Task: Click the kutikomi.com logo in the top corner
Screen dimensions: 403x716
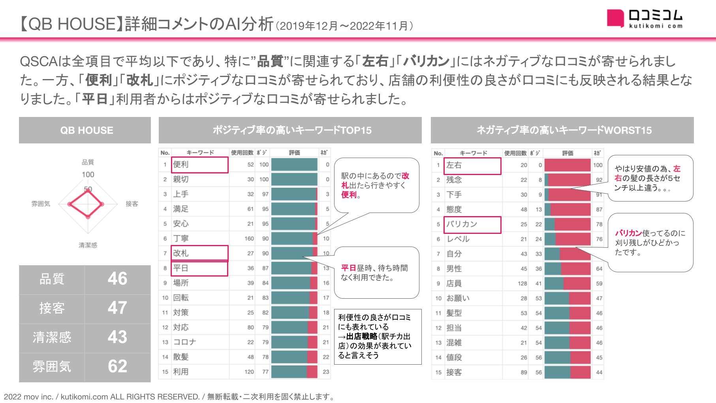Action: [645, 19]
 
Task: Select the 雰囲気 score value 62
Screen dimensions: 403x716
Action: [117, 366]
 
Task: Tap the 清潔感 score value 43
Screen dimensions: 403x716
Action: [117, 337]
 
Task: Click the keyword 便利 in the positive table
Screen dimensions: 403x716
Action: [181, 164]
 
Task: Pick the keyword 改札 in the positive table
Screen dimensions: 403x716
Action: [181, 253]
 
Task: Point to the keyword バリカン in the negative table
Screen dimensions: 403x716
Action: [462, 224]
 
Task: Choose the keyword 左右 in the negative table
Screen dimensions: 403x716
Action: [454, 165]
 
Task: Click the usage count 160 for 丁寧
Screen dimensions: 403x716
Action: [249, 239]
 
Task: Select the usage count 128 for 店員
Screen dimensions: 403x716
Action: [522, 283]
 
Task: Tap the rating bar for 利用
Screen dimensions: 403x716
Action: [294, 372]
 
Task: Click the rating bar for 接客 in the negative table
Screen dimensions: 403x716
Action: [568, 372]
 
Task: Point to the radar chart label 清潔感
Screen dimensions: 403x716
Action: [88, 245]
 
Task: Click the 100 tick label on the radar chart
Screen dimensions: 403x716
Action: [88, 175]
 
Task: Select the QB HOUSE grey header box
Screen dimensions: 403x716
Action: [85, 130]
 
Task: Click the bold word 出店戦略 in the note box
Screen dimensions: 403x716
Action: [361, 336]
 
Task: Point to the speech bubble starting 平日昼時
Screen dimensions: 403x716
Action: [376, 273]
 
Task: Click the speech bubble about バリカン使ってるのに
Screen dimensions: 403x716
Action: [650, 243]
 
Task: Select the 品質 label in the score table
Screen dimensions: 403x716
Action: [52, 279]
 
